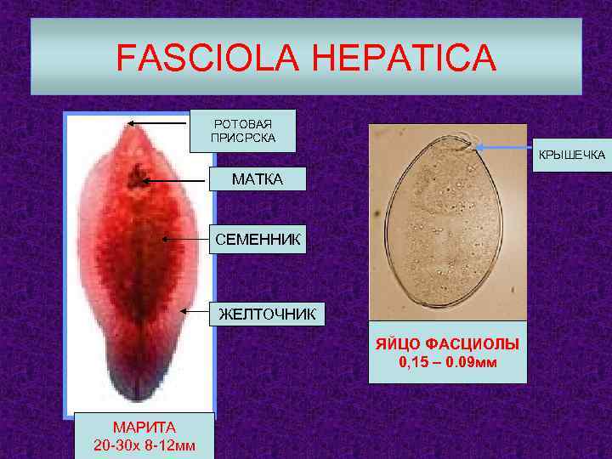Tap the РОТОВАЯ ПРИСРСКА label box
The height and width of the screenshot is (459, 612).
click(x=242, y=130)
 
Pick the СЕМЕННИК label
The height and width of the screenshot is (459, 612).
click(x=257, y=241)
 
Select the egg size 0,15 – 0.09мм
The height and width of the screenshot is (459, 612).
click(x=448, y=364)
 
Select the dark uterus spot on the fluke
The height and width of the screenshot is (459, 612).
click(x=134, y=178)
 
